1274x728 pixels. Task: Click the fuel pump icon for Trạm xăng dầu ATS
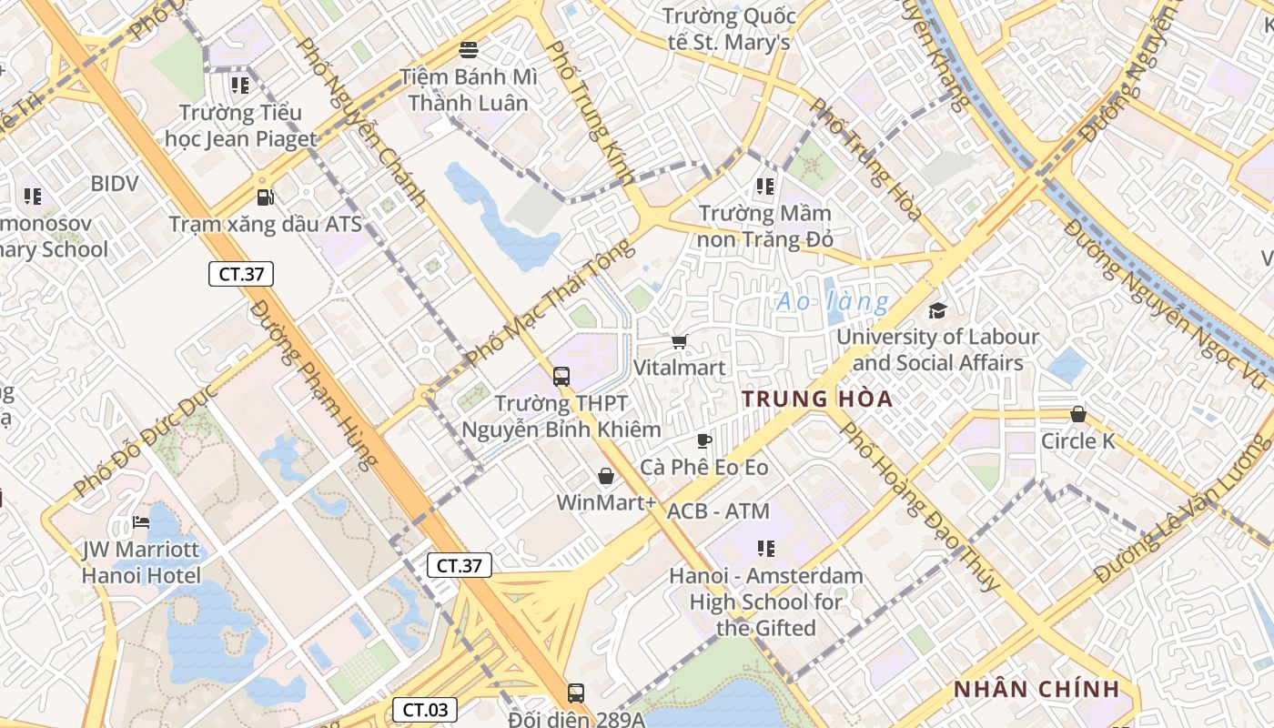pyautogui.click(x=265, y=197)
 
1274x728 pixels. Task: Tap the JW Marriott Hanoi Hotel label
pyautogui.click(x=141, y=562)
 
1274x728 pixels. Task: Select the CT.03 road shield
pyautogui.click(x=425, y=710)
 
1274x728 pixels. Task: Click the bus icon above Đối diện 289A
pyautogui.click(x=576, y=693)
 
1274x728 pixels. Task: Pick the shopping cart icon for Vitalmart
pyautogui.click(x=679, y=341)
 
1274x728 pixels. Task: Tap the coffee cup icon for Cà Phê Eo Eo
pyautogui.click(x=703, y=441)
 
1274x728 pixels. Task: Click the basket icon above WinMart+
pyautogui.click(x=606, y=476)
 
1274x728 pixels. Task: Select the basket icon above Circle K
pyautogui.click(x=1078, y=415)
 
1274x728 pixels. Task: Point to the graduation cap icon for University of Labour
pyautogui.click(x=937, y=310)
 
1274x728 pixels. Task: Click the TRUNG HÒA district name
pyautogui.click(x=817, y=399)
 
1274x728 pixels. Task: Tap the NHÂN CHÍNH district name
pyautogui.click(x=1036, y=689)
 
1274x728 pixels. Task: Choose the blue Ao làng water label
pyautogui.click(x=832, y=301)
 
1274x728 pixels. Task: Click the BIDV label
pyautogui.click(x=115, y=184)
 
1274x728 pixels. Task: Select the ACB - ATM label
pyautogui.click(x=718, y=511)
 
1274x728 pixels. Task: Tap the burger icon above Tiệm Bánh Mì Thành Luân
pyautogui.click(x=470, y=49)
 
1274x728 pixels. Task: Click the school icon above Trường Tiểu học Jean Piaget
pyautogui.click(x=240, y=86)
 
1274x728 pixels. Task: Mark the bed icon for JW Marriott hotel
pyautogui.click(x=141, y=522)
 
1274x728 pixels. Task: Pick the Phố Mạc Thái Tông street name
pyautogui.click(x=551, y=302)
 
